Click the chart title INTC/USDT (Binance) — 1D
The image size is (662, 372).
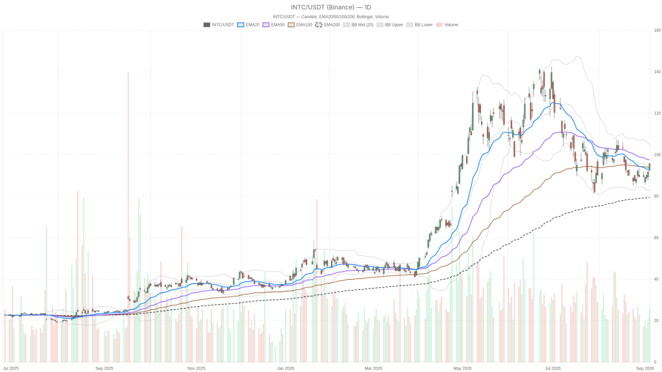331,7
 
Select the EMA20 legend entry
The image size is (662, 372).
248,25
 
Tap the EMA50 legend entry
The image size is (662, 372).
273,25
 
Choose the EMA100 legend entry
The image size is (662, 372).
300,25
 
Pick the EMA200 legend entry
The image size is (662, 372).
328,25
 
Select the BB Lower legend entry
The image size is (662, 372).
419,25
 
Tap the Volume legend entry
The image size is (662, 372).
447,25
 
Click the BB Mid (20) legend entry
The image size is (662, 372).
358,25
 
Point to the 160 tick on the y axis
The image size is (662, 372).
657,30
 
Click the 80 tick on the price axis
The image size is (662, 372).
656,196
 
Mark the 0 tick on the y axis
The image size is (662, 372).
655,362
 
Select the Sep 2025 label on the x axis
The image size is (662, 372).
104,368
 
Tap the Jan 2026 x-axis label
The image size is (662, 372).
285,368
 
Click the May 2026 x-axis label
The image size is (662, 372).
462,368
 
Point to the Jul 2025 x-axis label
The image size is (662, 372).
11,368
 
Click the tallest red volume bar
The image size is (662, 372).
128,217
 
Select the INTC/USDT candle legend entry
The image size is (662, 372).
219,25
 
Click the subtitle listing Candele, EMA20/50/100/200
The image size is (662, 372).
331,17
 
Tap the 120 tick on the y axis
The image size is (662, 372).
657,114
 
